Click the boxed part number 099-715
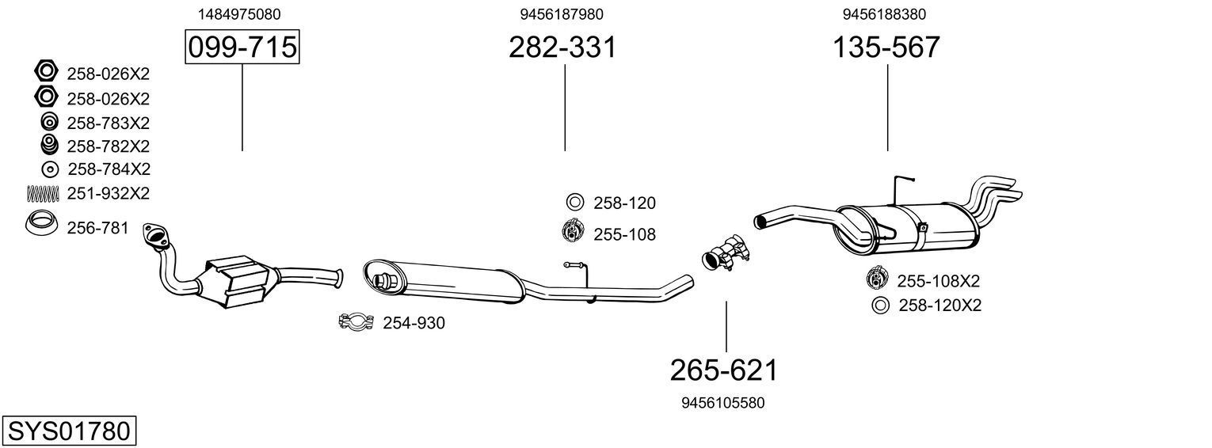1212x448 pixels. (x=242, y=48)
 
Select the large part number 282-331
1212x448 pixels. (x=562, y=48)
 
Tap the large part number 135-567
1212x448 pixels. (x=886, y=48)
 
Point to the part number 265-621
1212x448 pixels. (x=724, y=370)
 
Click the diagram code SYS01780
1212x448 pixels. (x=68, y=431)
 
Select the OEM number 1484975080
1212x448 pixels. (x=238, y=14)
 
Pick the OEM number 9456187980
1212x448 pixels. (x=556, y=14)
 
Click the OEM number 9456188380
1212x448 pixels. (x=884, y=14)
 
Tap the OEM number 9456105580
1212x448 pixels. (x=722, y=403)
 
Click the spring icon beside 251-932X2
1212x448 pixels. (x=44, y=193)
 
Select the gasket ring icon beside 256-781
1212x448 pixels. (x=40, y=225)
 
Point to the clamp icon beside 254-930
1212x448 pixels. (x=356, y=322)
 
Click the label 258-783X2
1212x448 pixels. (x=108, y=123)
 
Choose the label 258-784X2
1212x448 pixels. (x=109, y=169)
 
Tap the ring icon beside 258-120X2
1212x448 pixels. (x=879, y=306)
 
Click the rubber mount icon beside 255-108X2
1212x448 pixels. (x=878, y=280)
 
